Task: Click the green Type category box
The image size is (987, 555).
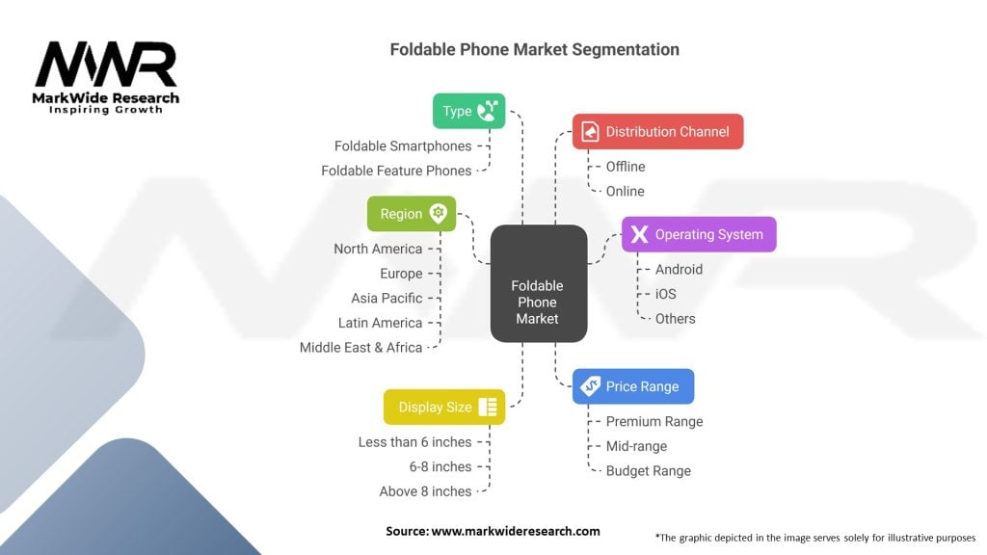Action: click(x=468, y=111)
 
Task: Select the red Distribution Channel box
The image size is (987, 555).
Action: click(x=657, y=131)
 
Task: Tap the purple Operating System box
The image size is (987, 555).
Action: click(x=698, y=234)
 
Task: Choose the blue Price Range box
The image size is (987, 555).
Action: click(x=632, y=386)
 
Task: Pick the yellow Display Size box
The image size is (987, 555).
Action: click(x=444, y=408)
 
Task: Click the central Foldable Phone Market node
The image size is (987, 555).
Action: click(x=537, y=302)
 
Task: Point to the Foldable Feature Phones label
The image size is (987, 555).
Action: click(x=396, y=171)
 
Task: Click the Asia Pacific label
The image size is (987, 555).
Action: click(x=387, y=298)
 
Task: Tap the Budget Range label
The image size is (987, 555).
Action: click(x=648, y=470)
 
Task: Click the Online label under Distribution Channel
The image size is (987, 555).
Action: click(x=625, y=191)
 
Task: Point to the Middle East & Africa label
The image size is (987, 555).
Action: click(x=360, y=347)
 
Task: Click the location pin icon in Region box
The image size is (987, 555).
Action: click(x=439, y=214)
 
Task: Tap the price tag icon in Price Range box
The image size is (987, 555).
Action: click(x=588, y=386)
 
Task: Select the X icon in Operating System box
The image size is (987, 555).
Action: click(x=638, y=234)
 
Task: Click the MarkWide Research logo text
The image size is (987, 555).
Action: click(x=106, y=98)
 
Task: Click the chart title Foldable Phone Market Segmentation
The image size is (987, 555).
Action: click(x=534, y=49)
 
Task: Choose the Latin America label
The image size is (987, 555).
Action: click(x=380, y=323)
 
